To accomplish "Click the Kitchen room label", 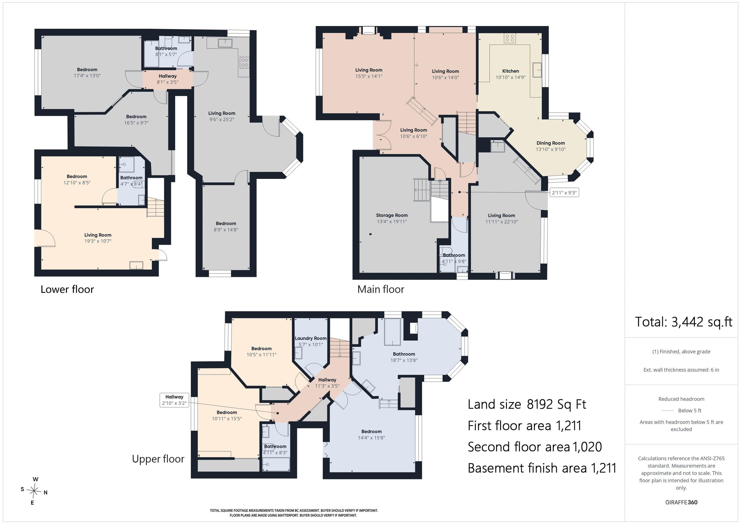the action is click(x=511, y=71).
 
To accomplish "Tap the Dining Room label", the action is click(x=551, y=143).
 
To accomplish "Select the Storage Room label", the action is click(x=392, y=215).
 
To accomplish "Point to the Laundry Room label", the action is click(x=310, y=338).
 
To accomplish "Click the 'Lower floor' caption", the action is click(x=67, y=289).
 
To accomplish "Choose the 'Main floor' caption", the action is click(x=381, y=289).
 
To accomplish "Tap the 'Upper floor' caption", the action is click(x=158, y=459).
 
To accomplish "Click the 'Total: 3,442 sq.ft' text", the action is click(x=684, y=322).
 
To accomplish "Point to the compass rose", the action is click(x=34, y=491).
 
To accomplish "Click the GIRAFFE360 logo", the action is click(x=681, y=502).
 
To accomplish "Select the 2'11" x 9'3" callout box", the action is click(x=564, y=193).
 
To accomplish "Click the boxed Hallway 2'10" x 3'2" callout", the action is click(x=174, y=400).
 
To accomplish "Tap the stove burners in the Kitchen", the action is click(x=510, y=38).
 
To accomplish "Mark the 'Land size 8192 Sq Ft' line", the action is click(x=527, y=404).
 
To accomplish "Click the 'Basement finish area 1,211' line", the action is click(x=542, y=468).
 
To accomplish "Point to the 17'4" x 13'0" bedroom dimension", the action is click(x=87, y=75).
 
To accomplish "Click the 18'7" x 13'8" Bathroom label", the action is click(x=404, y=357).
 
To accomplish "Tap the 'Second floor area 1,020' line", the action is click(x=535, y=447).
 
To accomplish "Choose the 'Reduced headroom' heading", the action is click(x=681, y=399).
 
